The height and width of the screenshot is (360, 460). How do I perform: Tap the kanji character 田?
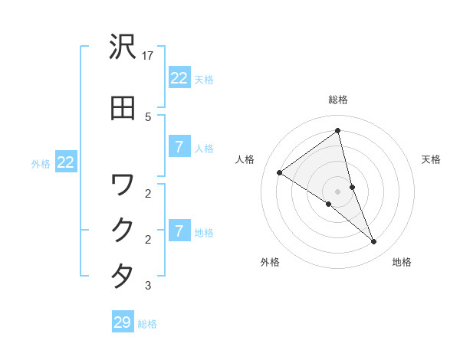coord(123,107)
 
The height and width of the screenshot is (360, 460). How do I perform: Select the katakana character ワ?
coord(123,185)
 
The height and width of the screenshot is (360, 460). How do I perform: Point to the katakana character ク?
coord(123,231)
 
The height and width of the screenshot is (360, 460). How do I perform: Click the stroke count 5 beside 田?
coord(148,116)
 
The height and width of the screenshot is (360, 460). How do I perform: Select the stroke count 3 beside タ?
coord(148,286)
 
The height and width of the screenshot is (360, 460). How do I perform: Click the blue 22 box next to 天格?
coord(179,78)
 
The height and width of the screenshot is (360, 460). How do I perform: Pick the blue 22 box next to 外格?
coord(66,162)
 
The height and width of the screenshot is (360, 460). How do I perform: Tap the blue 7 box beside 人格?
coord(179,147)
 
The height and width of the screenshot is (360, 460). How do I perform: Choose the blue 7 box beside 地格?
coord(179,231)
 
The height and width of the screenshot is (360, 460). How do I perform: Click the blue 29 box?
coord(123,322)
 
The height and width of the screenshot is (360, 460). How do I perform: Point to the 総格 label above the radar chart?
coord(338,100)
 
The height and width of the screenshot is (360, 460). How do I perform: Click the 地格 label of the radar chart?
coord(402,262)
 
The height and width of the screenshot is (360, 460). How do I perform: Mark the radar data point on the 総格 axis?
coord(338,131)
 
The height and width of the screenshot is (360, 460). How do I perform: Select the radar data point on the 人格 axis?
coord(280,172)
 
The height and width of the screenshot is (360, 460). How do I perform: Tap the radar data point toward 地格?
coord(374,242)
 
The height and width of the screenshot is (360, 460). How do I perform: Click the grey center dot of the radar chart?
coord(338,191)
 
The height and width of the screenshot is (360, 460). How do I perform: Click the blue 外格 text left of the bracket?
coord(41,163)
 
